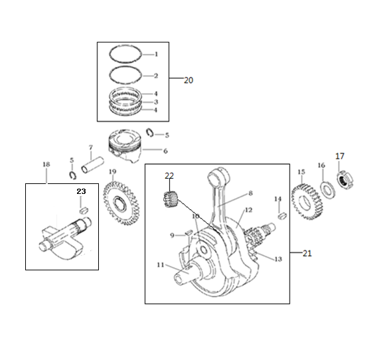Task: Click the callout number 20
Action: [x=188, y=80]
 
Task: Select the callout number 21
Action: [x=307, y=253]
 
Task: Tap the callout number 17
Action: [x=340, y=156]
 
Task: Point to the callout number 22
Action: [x=169, y=176]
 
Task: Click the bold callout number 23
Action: [x=81, y=191]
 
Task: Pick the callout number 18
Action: [x=46, y=164]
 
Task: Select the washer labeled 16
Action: [x=327, y=189]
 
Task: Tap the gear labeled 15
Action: [x=307, y=202]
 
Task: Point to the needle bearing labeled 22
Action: [x=170, y=199]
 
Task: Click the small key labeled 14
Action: [x=281, y=216]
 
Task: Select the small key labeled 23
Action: [x=84, y=210]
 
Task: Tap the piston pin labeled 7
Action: [x=93, y=165]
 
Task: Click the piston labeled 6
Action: [x=125, y=146]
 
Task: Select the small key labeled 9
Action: [x=188, y=232]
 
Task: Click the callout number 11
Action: [x=161, y=265]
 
